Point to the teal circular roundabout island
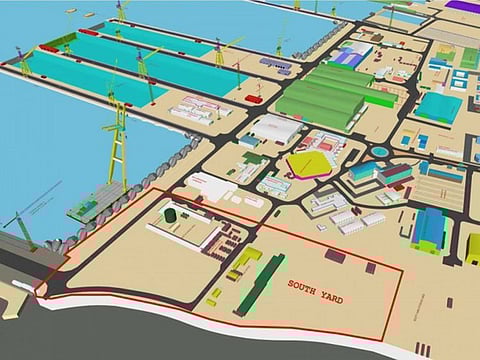point(380,152)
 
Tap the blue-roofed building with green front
point(428,230)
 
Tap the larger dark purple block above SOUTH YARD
point(335,255)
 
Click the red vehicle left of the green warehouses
point(255,99)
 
